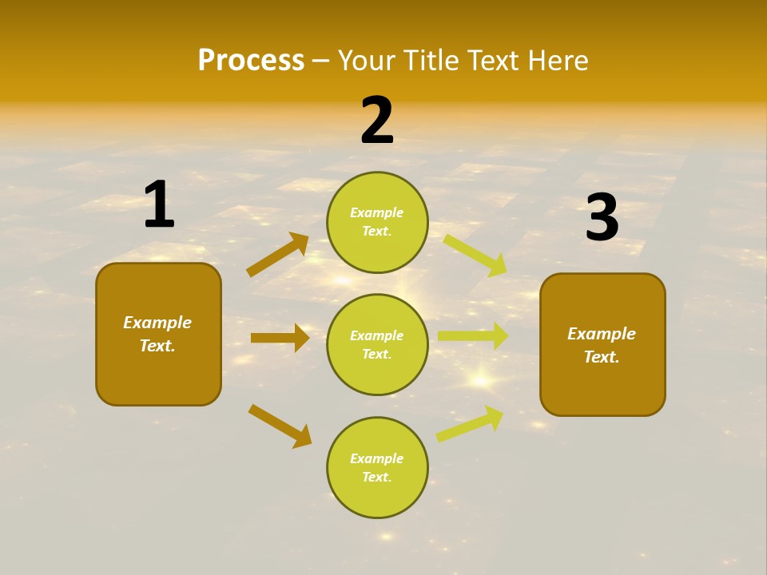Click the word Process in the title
(251, 61)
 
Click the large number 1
(159, 205)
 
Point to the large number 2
(377, 121)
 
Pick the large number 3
(602, 218)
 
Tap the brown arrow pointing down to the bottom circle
(280, 426)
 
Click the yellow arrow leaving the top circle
(475, 254)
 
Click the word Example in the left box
(157, 323)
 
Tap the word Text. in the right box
(602, 357)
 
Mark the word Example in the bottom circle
(377, 458)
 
